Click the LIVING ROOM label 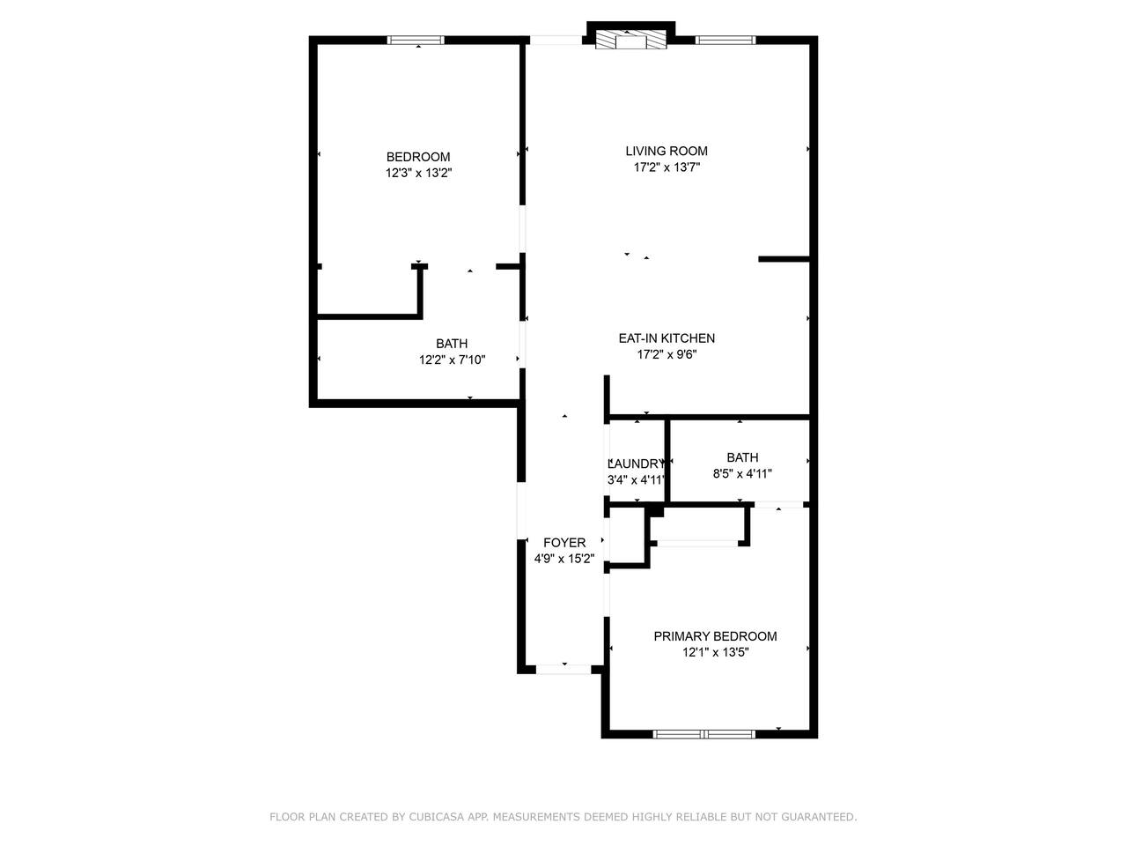point(666,151)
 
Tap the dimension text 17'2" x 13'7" point(667,167)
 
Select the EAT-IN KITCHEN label point(667,338)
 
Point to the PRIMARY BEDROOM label point(715,636)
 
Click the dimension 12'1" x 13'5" point(715,653)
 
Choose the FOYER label point(564,543)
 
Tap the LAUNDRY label point(637,464)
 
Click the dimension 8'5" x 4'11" point(742,474)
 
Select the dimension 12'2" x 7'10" point(452,360)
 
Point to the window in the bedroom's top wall point(416,40)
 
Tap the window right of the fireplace point(726,40)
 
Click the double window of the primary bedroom point(703,735)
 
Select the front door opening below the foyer point(563,670)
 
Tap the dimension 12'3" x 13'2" point(418,173)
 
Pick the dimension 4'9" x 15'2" point(564,559)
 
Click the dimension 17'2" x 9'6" point(667,354)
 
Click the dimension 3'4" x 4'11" point(637,480)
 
